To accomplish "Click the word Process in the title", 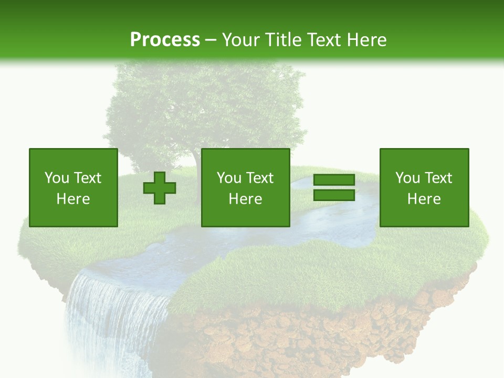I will [x=165, y=39].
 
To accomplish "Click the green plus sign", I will [x=160, y=188].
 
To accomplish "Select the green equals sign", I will [x=334, y=187].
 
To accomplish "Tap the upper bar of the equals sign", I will [x=334, y=181].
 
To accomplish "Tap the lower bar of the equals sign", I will [x=334, y=195].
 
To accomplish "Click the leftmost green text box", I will [x=73, y=187].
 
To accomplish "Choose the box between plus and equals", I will [x=245, y=187].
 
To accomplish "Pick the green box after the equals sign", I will [x=424, y=187].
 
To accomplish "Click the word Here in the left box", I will [x=73, y=199].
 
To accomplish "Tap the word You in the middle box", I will [x=229, y=178].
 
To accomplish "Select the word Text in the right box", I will [x=438, y=178].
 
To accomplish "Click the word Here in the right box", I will [x=424, y=199].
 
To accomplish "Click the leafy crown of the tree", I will [x=205, y=105].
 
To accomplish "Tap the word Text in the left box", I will [x=87, y=178].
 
